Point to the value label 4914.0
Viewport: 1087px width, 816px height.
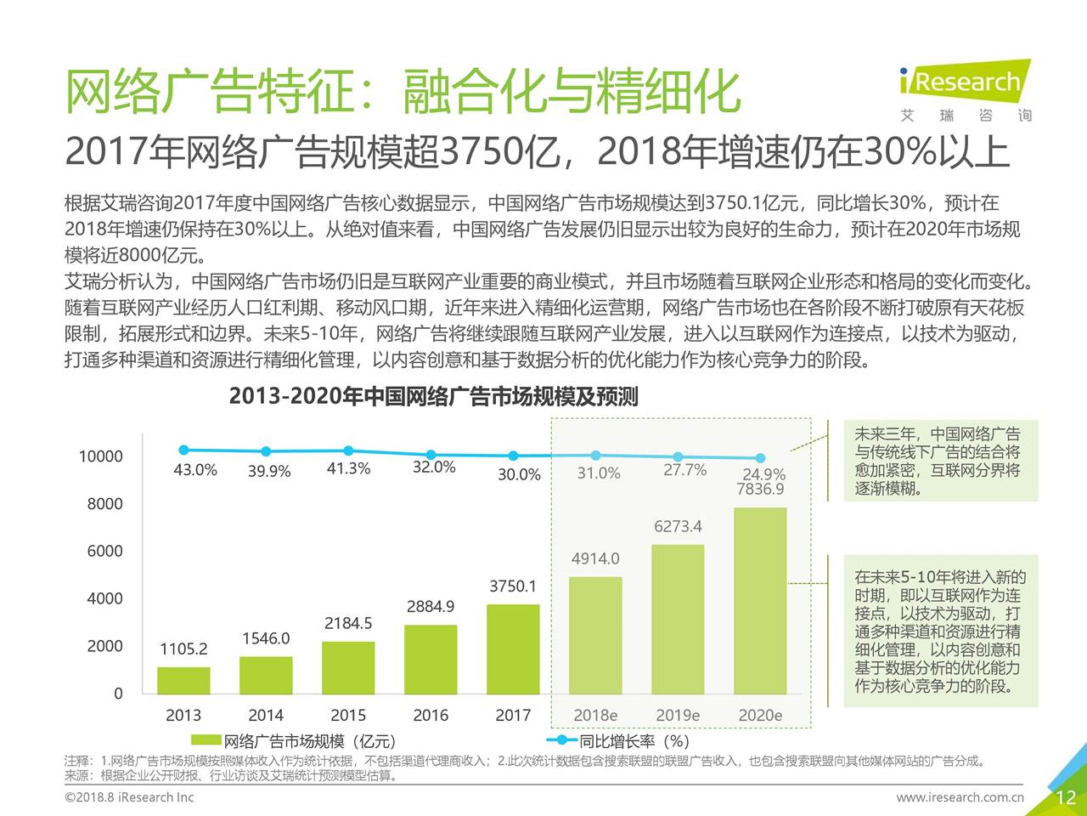pyautogui.click(x=595, y=558)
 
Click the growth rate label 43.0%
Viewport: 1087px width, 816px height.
pyautogui.click(x=195, y=469)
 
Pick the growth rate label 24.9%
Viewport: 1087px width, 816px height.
pyautogui.click(x=764, y=474)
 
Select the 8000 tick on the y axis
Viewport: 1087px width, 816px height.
pyautogui.click(x=104, y=503)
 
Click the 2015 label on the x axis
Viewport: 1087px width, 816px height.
pyautogui.click(x=348, y=715)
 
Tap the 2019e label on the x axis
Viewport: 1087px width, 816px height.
pyautogui.click(x=678, y=715)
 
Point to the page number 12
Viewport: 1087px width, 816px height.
pyautogui.click(x=1066, y=797)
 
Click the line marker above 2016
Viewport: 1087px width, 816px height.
pyautogui.click(x=431, y=455)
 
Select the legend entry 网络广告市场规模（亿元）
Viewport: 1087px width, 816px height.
pyautogui.click(x=293, y=741)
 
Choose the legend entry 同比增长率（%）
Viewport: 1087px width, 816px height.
pyautogui.click(x=624, y=741)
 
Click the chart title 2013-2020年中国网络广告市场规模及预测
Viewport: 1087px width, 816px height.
pyautogui.click(x=433, y=396)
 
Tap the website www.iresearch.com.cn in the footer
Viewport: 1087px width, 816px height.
pyautogui.click(x=960, y=797)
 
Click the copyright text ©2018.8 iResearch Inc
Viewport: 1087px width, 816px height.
pyautogui.click(x=129, y=797)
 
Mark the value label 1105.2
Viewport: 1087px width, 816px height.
pyautogui.click(x=183, y=649)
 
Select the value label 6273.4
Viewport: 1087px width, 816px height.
pyautogui.click(x=678, y=526)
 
